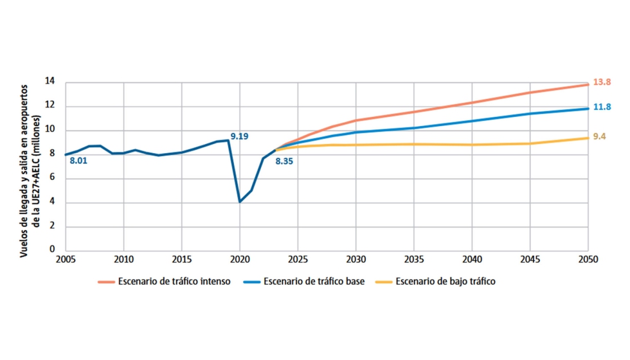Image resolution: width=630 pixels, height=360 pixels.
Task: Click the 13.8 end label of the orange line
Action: [602, 82]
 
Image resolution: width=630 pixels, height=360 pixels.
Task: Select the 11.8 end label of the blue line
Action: [602, 107]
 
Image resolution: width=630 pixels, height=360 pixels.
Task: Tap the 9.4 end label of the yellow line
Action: [599, 136]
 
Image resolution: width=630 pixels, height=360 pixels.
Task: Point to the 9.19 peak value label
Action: [239, 136]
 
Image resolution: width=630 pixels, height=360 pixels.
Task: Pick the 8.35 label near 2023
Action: [284, 161]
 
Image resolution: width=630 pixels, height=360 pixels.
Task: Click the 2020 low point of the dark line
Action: [240, 202]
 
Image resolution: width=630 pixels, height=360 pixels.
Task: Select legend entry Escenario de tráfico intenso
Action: [174, 282]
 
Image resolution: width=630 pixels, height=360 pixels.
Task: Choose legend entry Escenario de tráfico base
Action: [314, 282]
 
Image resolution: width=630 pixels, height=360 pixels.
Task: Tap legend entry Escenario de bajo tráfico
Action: [446, 282]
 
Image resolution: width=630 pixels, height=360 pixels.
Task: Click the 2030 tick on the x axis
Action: [355, 260]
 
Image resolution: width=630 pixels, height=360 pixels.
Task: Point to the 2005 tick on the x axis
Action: [66, 260]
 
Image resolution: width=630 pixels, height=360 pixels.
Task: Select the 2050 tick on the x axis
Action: [588, 260]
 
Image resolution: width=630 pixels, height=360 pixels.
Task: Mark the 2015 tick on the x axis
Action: [182, 260]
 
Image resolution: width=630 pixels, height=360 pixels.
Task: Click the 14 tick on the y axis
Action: [51, 82]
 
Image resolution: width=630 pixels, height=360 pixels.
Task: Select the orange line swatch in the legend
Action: [106, 282]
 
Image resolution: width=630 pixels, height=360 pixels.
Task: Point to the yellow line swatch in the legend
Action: [384, 282]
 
